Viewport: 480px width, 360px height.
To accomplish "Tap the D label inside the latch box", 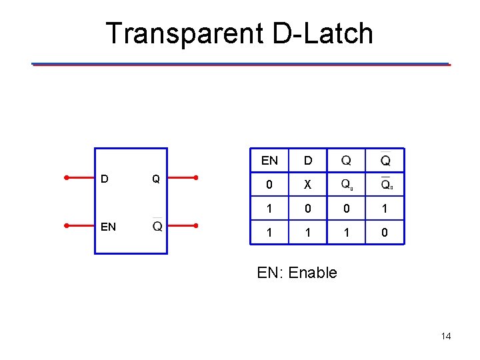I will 104,179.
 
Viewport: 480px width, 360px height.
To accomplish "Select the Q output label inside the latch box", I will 155,179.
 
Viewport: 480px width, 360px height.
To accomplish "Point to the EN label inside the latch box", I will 108,227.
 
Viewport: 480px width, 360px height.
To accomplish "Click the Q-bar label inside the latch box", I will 157,226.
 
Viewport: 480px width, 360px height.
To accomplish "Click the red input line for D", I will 81,178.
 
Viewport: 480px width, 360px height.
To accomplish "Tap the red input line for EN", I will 81,226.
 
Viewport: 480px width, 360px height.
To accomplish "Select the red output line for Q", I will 182,178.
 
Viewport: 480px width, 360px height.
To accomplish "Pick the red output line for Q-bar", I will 182,226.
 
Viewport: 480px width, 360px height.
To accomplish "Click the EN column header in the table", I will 270,161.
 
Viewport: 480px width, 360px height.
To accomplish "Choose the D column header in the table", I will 308,161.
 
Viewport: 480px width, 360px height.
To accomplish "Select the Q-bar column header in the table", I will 386,161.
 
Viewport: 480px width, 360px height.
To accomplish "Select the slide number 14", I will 446,336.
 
